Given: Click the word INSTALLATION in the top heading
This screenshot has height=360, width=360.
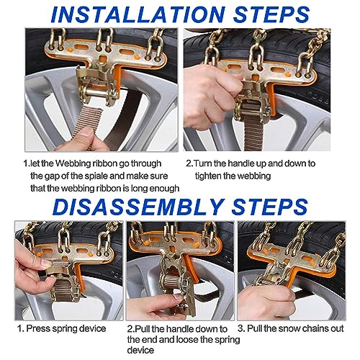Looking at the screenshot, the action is (x=138, y=14).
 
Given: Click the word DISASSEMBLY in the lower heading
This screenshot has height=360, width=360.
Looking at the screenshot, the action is (x=138, y=207).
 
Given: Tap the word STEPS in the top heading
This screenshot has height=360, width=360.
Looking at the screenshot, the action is (x=271, y=14).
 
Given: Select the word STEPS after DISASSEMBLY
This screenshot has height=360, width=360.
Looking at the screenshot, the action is (x=269, y=207).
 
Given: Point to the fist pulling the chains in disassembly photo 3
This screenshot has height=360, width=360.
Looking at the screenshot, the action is (x=266, y=300).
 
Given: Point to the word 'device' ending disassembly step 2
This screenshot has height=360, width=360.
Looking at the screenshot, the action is (x=140, y=350).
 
